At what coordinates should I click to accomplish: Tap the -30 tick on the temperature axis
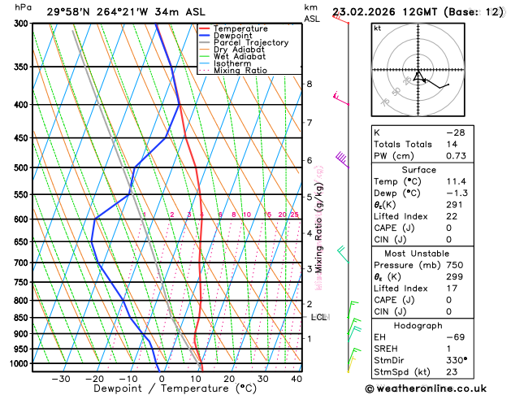pos(61,379)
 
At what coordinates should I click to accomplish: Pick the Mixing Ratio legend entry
pos(244,70)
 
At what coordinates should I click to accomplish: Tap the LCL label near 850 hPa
pos(318,317)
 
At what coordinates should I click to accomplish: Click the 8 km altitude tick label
pos(309,84)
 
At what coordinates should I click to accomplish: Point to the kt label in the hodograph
pos(377,28)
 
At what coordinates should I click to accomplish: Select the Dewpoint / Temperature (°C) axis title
pos(153,389)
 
